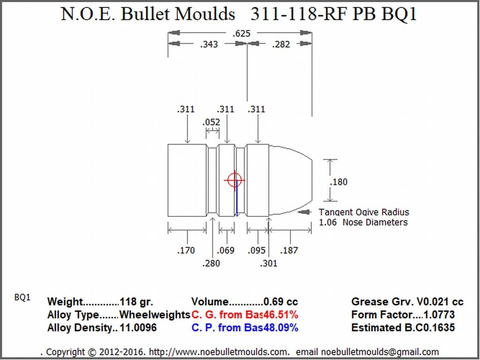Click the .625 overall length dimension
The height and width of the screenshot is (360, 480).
(x=241, y=33)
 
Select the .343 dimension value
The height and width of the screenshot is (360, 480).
(x=209, y=45)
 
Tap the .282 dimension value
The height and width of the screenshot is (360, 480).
(x=281, y=45)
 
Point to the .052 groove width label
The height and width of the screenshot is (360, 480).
(x=211, y=123)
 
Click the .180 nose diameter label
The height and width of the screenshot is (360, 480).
(x=339, y=182)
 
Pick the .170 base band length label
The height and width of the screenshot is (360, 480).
(x=186, y=251)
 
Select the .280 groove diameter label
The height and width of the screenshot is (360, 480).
(x=211, y=263)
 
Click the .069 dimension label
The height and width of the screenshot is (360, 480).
(x=226, y=251)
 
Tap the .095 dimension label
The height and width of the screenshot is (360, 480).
(x=257, y=251)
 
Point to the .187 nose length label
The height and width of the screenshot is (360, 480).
(x=289, y=251)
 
